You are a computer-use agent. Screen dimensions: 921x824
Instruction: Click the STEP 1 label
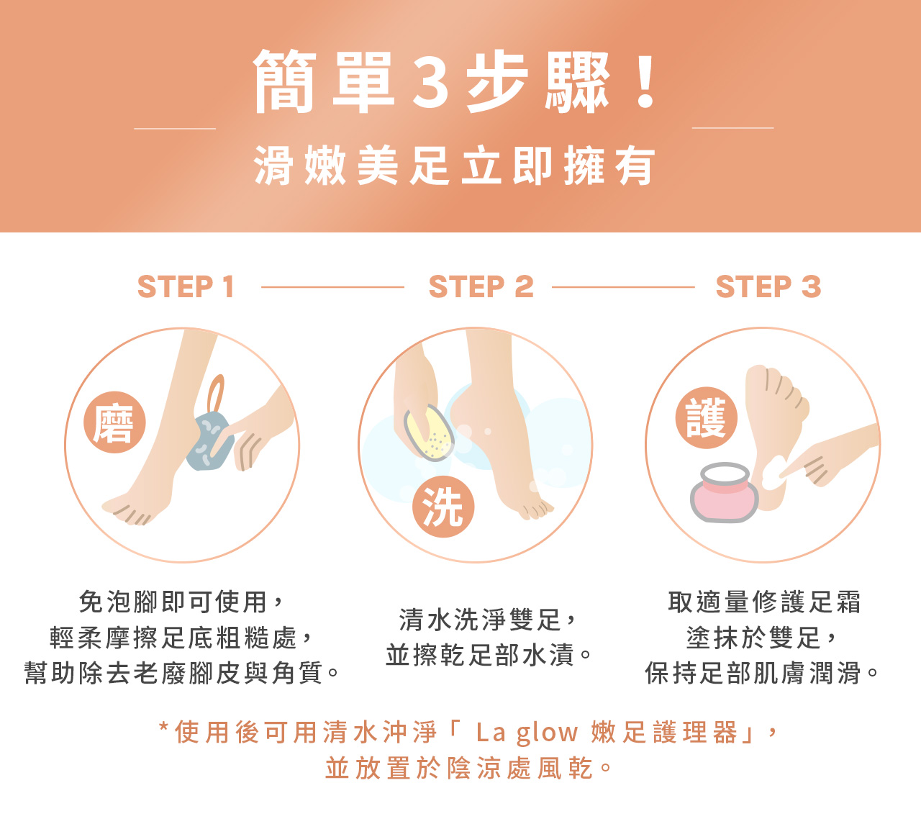click(x=186, y=286)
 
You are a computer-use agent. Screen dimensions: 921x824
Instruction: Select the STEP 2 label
click(x=481, y=286)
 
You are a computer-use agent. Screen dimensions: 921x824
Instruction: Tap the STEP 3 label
click(x=768, y=286)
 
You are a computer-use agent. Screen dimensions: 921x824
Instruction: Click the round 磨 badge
click(x=114, y=422)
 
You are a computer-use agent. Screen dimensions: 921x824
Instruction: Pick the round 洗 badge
click(x=443, y=507)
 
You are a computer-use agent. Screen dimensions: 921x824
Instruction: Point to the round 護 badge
click(x=706, y=417)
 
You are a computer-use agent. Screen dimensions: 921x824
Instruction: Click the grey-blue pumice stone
click(x=210, y=441)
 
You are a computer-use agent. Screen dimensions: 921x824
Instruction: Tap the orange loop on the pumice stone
click(x=215, y=394)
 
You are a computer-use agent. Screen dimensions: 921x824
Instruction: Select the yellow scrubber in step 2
click(x=429, y=433)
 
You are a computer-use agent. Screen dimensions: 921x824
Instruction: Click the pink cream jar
click(x=724, y=492)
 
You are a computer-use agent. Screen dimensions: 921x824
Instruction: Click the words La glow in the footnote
click(x=527, y=733)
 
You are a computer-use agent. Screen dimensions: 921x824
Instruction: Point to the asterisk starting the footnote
click(x=163, y=727)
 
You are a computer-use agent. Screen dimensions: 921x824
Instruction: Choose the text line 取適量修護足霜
click(x=764, y=602)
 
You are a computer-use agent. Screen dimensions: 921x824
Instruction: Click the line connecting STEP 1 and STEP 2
click(x=332, y=287)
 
